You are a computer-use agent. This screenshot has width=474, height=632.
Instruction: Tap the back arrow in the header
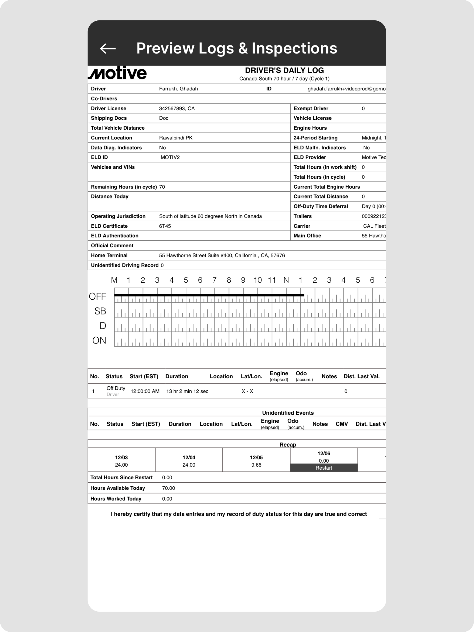point(108,48)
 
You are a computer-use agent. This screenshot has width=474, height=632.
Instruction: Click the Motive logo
point(117,73)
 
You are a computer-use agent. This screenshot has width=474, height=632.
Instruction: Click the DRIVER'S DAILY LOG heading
point(284,70)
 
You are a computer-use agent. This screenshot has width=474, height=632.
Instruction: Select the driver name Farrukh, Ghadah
point(178,89)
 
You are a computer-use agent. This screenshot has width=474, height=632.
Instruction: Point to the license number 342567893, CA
point(177,109)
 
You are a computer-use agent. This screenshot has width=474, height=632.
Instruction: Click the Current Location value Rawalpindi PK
point(175,138)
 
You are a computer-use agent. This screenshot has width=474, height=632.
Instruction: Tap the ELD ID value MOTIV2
point(170,157)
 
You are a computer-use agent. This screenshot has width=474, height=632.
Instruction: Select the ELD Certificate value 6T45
point(165,226)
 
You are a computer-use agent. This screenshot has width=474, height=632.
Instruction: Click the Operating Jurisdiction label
point(118,216)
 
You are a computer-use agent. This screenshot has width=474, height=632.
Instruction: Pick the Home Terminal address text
point(222,256)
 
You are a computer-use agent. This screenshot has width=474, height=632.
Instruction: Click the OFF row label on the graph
point(97,297)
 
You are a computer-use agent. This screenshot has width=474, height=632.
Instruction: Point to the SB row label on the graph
point(100,311)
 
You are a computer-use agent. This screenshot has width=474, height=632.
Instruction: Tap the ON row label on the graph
point(99,340)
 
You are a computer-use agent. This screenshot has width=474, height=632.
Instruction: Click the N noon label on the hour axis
point(286,280)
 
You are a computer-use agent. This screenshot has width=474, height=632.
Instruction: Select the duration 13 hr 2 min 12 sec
point(187,391)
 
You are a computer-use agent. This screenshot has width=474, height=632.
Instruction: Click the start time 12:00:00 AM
point(145,391)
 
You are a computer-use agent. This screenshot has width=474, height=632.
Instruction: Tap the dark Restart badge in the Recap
point(324,468)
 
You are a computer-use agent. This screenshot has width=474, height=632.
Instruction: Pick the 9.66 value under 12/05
point(256,465)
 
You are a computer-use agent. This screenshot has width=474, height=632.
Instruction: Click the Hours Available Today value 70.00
point(168,488)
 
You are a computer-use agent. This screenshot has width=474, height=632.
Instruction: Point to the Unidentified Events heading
point(288,413)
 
